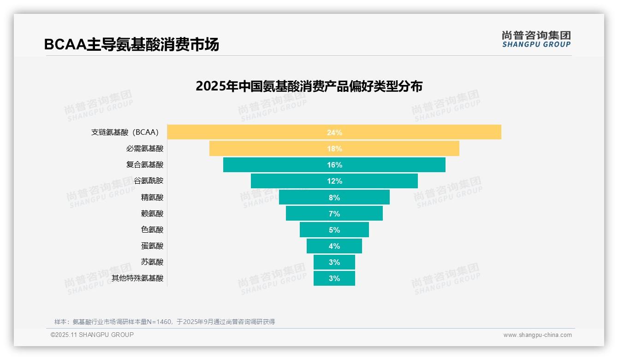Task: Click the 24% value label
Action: [x=334, y=132]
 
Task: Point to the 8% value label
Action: [x=334, y=198]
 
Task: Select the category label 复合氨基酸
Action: [x=145, y=165]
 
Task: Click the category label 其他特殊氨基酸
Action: [x=137, y=278]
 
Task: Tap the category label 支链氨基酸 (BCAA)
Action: [x=125, y=132]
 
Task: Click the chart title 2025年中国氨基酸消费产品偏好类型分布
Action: [x=309, y=86]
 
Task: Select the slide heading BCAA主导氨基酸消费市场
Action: [x=131, y=44]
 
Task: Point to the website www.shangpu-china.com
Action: [x=537, y=335]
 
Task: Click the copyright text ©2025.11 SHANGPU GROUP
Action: [x=92, y=335]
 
